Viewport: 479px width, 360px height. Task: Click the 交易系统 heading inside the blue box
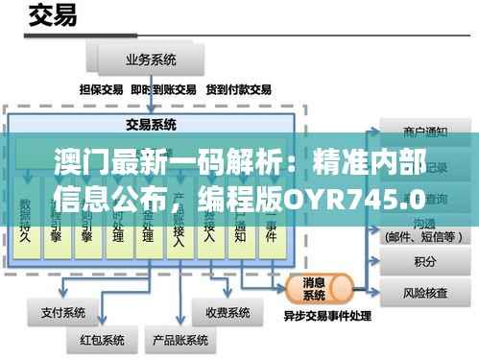pyautogui.click(x=151, y=125)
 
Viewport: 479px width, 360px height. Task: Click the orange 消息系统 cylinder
pyautogui.click(x=319, y=284)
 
